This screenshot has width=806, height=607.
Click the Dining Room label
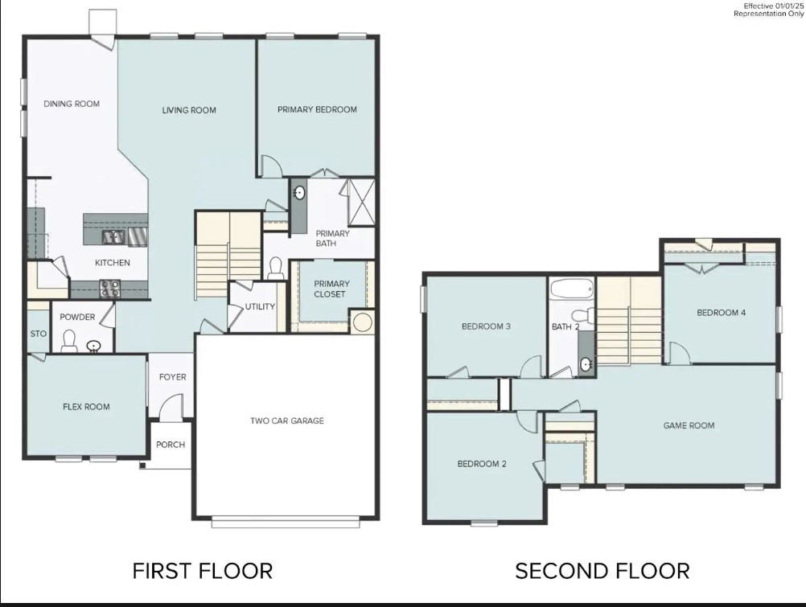tap(72, 104)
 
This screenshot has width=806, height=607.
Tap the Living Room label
tap(189, 110)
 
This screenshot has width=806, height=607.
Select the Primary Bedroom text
tap(317, 109)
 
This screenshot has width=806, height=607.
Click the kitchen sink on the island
tap(113, 237)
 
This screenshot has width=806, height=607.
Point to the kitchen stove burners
tap(110, 289)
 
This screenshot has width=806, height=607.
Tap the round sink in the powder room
tap(93, 347)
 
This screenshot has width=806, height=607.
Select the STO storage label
tap(38, 334)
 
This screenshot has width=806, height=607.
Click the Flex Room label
tap(86, 407)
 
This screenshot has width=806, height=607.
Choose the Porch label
tap(171, 445)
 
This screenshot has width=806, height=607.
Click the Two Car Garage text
tap(287, 421)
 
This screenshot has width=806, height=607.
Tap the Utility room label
tap(260, 307)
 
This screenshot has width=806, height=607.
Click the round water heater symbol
tap(362, 322)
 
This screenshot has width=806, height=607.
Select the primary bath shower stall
tap(361, 202)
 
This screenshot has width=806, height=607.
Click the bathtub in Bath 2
tap(572, 289)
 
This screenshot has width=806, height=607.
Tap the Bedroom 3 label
tap(486, 326)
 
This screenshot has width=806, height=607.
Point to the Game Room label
tap(689, 425)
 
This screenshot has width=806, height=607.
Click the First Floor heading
tap(203, 572)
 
